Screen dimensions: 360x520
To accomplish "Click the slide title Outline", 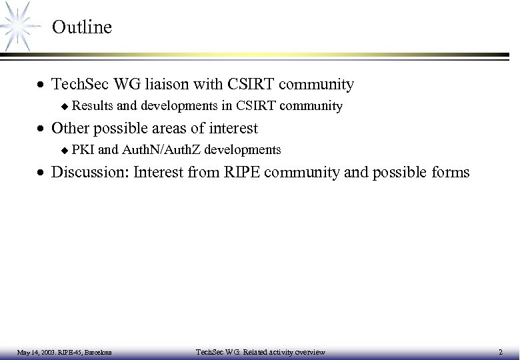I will (81, 27).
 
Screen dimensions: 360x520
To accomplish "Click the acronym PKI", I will (83, 149).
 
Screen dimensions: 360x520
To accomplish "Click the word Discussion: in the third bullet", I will (90, 172).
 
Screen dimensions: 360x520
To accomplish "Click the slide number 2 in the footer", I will (501, 351).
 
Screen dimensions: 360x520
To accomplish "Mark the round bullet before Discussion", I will (42, 173).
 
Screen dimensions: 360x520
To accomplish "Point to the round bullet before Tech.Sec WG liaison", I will (42, 85).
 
